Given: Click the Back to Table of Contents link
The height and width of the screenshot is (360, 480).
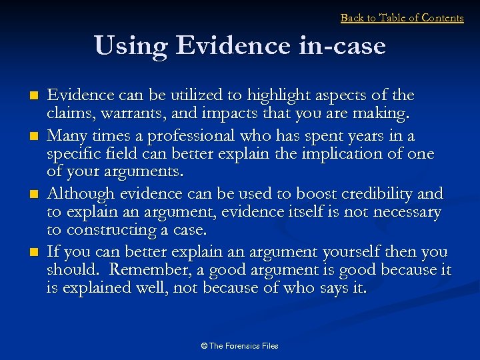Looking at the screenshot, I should tap(402, 18).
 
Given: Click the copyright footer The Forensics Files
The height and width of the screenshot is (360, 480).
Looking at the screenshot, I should tap(239, 346).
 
